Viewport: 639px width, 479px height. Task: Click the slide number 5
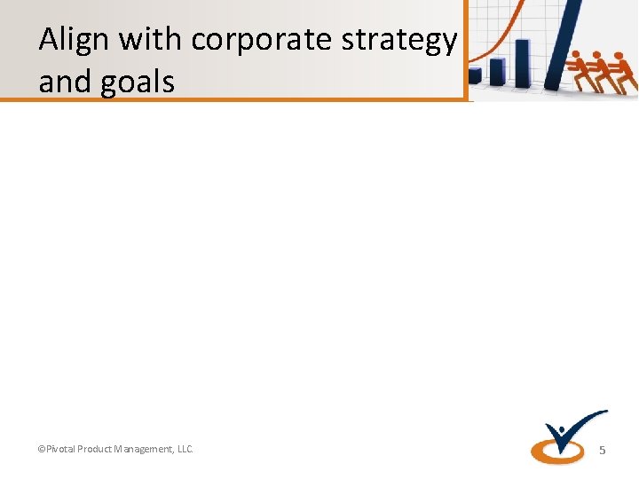click(602, 451)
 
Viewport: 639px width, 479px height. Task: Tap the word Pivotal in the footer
click(59, 450)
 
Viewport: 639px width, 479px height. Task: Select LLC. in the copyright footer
click(185, 450)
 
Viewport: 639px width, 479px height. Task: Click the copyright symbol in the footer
click(40, 450)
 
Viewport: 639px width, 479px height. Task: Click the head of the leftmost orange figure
click(575, 56)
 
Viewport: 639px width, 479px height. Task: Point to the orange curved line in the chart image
click(505, 31)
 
